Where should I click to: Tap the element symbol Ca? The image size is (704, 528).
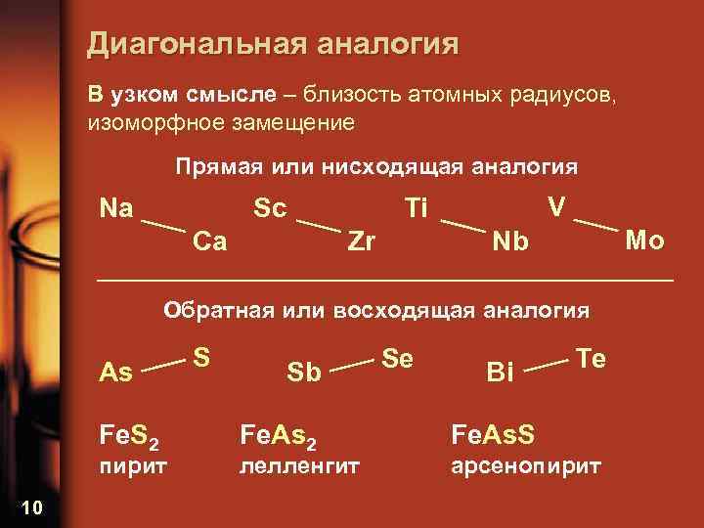tap(210, 241)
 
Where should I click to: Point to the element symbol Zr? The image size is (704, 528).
tap(362, 241)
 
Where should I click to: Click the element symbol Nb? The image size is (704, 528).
tap(510, 242)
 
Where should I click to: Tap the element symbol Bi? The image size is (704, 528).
tap(500, 372)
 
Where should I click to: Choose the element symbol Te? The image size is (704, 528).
tap(592, 358)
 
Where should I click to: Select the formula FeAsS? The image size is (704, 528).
tap(492, 431)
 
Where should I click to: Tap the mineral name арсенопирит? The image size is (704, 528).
tap(525, 467)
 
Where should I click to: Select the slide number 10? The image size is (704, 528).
tap(29, 506)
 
